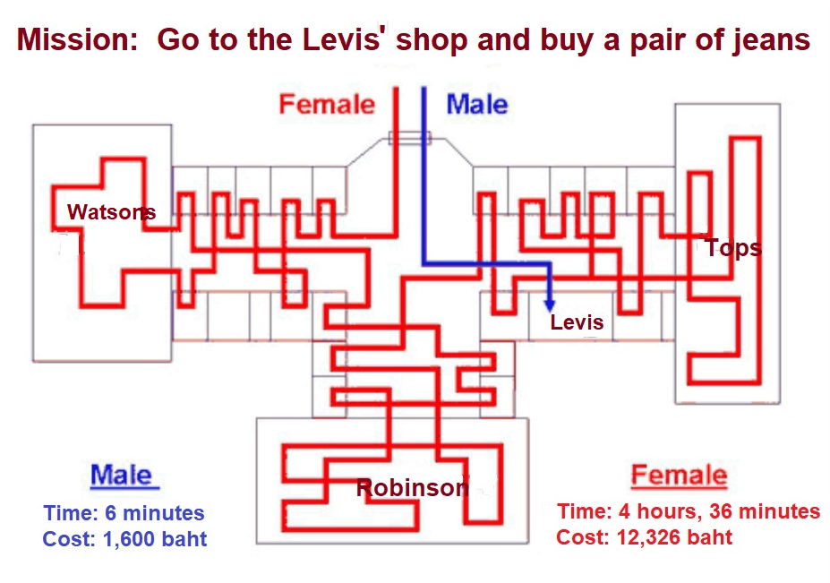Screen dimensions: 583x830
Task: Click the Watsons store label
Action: coord(111,212)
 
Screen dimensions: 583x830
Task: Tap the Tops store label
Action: coord(733,247)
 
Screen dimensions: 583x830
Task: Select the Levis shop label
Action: coord(577,322)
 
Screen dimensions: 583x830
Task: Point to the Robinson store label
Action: coord(412,488)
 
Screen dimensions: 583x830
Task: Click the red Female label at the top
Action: coord(327,104)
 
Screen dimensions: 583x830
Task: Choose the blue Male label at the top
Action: coord(476,104)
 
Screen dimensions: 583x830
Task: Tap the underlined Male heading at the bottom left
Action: coord(123,476)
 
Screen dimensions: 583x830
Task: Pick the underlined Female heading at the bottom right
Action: coord(679,475)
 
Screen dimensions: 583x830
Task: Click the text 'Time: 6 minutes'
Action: coord(124,514)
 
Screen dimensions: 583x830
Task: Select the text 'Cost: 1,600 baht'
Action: coord(124,540)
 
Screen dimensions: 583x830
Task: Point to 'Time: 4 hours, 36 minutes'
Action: coord(688,511)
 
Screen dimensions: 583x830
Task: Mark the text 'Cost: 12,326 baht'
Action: coord(644,537)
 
